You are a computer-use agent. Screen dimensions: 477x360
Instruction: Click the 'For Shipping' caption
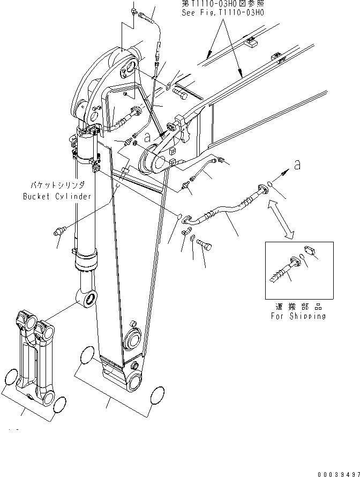298,316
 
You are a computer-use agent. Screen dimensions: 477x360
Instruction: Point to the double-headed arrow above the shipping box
281,219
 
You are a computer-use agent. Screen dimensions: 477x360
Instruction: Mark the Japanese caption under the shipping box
298,307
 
